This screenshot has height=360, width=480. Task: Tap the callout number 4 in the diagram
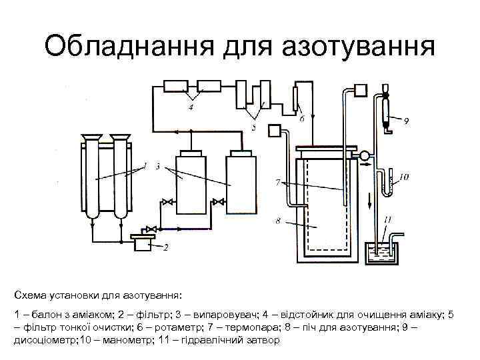tap(192, 108)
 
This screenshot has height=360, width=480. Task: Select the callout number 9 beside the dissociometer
tap(406, 121)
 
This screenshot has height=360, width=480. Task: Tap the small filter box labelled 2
tap(141, 243)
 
